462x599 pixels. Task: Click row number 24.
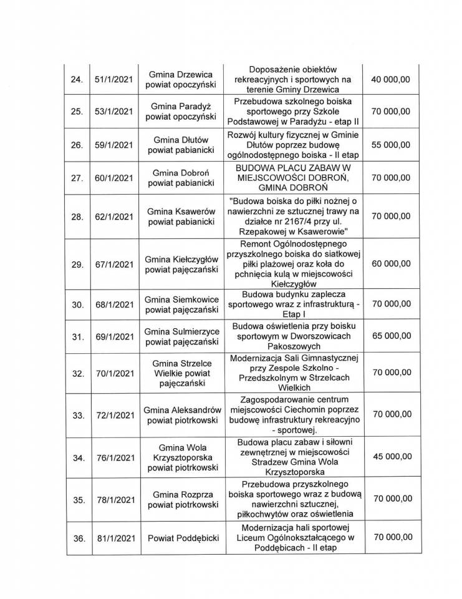tap(77, 80)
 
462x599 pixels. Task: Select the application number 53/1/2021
tap(113, 112)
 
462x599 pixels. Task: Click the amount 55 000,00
tap(390, 145)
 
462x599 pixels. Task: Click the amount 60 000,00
tap(390, 264)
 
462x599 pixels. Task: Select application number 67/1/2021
tap(113, 264)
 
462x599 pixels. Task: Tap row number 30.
tap(77, 304)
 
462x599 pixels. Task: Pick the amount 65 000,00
tap(390, 337)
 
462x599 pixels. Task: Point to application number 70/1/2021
tap(113, 373)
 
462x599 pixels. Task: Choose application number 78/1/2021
tap(113, 500)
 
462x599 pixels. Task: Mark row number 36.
tap(77, 537)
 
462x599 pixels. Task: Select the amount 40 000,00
tap(390, 80)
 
